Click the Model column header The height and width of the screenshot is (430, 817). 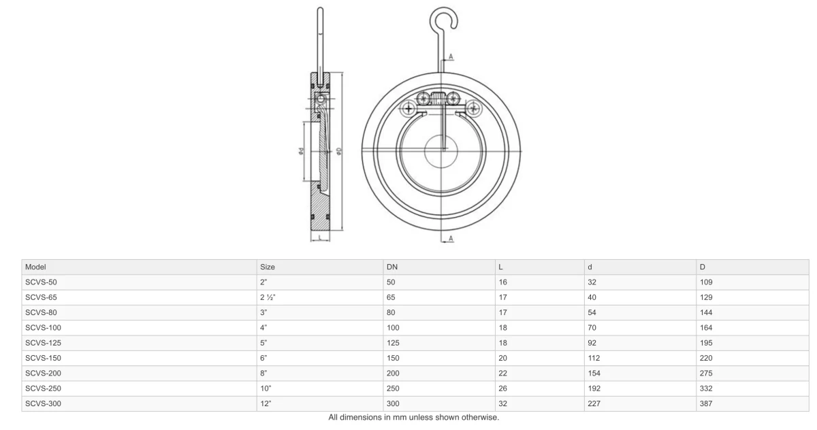pyautogui.click(x=35, y=267)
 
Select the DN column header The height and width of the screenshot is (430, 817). pyautogui.click(x=391, y=267)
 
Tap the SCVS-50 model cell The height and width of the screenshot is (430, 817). pyautogui.click(x=41, y=282)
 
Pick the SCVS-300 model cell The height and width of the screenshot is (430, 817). pyautogui.click(x=43, y=403)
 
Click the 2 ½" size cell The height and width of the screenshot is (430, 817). pyautogui.click(x=268, y=297)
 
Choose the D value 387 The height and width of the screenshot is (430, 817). pyautogui.click(x=706, y=403)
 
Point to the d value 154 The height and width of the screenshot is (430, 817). pyautogui.click(x=594, y=373)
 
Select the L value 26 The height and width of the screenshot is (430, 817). pyautogui.click(x=502, y=388)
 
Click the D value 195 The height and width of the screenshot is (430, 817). pyautogui.click(x=706, y=343)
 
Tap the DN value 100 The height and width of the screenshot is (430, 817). pyautogui.click(x=393, y=327)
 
